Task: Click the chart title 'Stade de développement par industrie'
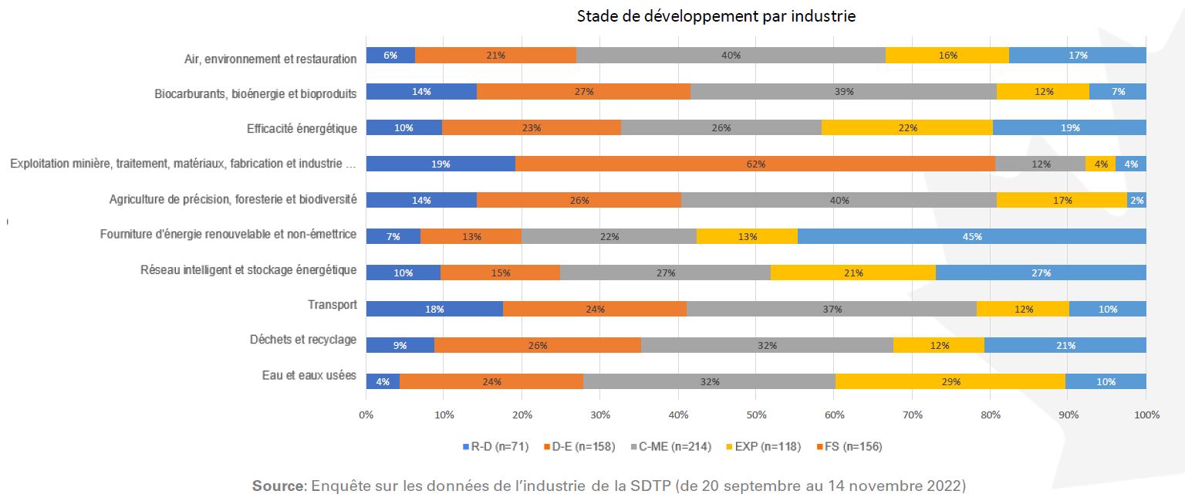coord(716,16)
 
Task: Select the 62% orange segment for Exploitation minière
coord(755,164)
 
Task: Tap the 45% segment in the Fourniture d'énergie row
coord(972,236)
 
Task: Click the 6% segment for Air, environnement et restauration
coord(390,55)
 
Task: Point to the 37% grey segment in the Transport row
coord(831,309)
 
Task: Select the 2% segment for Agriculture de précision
coord(1136,200)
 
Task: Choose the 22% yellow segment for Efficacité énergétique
coord(906,127)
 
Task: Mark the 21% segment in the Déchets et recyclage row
coord(1065,345)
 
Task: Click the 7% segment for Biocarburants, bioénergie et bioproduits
coord(1117,91)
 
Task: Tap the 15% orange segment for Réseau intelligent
coord(500,273)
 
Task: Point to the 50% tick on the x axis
coord(756,415)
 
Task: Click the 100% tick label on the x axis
coord(1146,415)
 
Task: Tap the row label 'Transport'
coord(333,305)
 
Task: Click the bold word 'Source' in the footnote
coord(278,486)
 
